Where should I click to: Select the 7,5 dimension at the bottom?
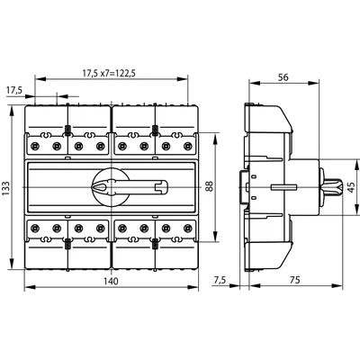[219, 279]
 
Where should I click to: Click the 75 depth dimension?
[296, 279]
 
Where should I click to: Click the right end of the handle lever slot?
[165, 187]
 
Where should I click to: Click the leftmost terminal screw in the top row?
[36, 144]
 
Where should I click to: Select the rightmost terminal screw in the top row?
[188, 144]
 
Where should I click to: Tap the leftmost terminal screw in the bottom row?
[36, 229]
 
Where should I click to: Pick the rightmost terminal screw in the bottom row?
[188, 229]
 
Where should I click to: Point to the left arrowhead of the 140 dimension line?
[28, 288]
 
